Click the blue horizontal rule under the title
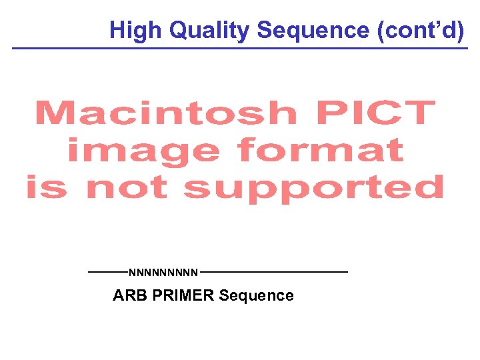click(x=240, y=49)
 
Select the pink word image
click(x=143, y=152)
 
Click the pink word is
click(x=47, y=188)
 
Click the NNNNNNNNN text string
click(x=163, y=272)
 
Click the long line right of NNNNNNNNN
click(x=273, y=272)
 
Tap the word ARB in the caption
click(x=131, y=295)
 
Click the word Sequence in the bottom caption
click(x=257, y=295)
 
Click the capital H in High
click(x=117, y=30)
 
